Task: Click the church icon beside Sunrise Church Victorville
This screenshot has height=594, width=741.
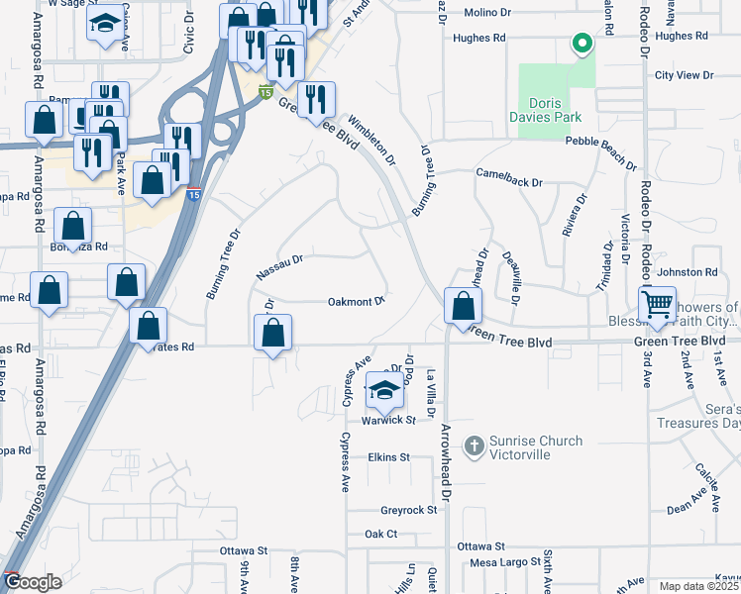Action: click(x=475, y=446)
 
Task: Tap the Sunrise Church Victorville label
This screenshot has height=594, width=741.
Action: click(x=536, y=447)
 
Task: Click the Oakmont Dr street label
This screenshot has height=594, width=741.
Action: click(x=356, y=302)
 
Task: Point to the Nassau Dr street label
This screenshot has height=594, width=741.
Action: click(x=278, y=265)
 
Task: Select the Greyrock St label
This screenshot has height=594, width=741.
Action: click(x=409, y=510)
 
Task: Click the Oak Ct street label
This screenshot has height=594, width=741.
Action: click(x=380, y=534)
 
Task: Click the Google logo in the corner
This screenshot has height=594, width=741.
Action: click(x=33, y=582)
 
